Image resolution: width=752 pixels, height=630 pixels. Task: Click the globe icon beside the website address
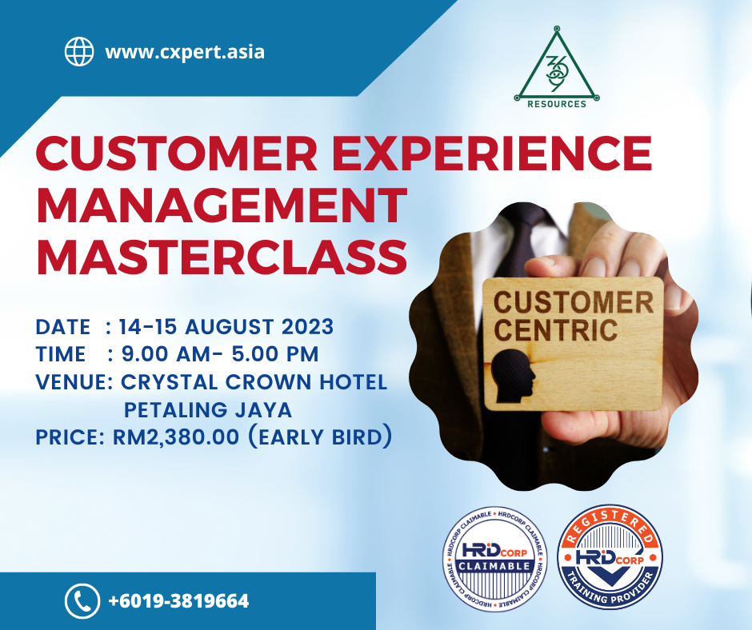pos(79,51)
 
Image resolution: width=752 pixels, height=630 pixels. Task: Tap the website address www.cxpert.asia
pos(185,52)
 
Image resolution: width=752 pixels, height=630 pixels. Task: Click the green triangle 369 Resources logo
pos(557,67)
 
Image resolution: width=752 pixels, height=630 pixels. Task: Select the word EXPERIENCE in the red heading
pos(492,153)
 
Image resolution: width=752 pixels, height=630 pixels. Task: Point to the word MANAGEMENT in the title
pos(222,205)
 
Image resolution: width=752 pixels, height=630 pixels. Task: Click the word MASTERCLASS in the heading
pos(222,257)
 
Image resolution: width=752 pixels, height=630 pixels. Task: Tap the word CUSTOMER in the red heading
pos(177,153)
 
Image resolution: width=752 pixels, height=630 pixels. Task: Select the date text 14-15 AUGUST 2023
pos(226,327)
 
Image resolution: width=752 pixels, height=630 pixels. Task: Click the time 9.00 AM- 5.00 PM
pos(220,354)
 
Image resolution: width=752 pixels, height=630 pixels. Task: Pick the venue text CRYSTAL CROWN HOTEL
pos(254,382)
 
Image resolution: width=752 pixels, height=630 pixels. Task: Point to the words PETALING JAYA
pos(208,410)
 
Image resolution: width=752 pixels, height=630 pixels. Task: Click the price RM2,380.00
pos(175,437)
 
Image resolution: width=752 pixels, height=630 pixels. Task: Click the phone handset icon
pos(82,600)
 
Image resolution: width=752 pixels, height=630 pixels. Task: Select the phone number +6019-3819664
pos(179,601)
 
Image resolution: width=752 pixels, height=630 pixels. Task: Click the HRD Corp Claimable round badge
pos(494,559)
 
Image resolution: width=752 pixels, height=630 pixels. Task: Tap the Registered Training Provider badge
pos(610,556)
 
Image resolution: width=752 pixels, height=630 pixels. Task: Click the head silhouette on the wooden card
pos(513,375)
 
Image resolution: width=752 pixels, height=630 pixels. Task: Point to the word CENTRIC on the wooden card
pos(556,330)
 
